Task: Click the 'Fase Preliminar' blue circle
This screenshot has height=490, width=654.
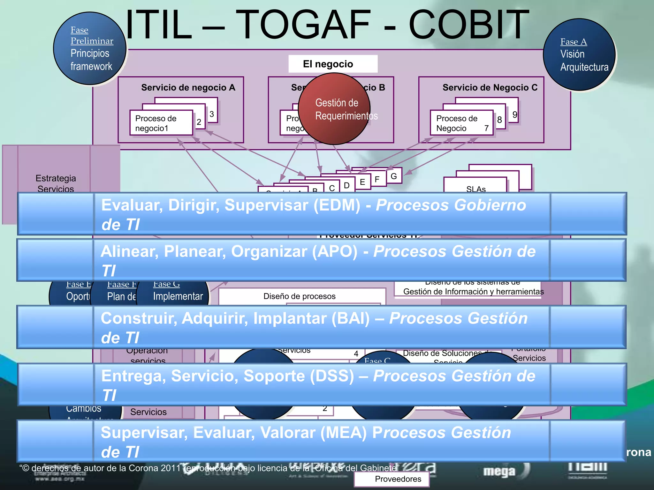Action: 90,48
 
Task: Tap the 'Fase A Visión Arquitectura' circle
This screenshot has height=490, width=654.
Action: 579,55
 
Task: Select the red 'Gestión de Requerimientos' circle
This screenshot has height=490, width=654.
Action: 334,109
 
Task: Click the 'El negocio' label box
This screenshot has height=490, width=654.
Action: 332,64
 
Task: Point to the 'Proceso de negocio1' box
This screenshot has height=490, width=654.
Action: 161,123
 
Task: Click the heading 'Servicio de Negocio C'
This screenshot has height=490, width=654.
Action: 490,87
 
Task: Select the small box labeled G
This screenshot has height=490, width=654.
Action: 394,176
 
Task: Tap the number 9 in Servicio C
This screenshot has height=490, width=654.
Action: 514,115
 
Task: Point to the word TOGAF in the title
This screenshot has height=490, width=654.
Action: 304,25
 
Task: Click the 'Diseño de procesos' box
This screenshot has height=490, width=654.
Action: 299,296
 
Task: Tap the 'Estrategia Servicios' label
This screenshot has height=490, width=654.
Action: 56,183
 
